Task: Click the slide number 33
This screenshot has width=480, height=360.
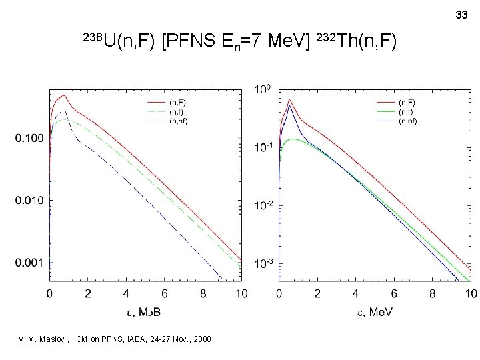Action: [461, 14]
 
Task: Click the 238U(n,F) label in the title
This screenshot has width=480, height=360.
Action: [119, 43]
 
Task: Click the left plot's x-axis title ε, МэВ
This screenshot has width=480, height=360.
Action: [145, 311]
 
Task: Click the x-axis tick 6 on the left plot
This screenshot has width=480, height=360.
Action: [164, 293]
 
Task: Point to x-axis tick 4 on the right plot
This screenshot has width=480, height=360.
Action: [355, 293]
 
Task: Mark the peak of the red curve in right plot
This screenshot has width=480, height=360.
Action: [290, 100]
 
